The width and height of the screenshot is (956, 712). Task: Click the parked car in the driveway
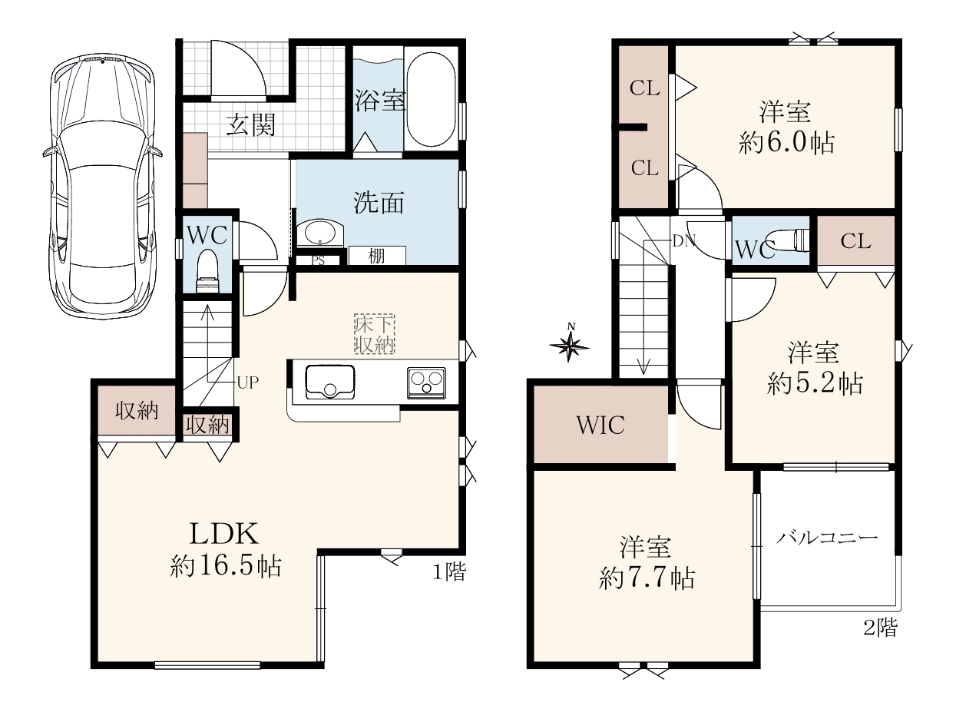pos(103,187)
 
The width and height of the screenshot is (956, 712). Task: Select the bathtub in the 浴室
pos(431,100)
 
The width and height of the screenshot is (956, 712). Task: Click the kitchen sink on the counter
pos(330,382)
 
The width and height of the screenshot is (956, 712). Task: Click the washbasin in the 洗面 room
pos(319,233)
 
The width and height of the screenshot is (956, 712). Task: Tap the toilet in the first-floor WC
pos(209,271)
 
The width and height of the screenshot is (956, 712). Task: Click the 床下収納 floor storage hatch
pos(374,334)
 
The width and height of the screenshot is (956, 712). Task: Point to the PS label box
pos(319,260)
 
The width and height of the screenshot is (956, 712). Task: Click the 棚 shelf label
pos(376,257)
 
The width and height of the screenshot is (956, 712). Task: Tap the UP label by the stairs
pos(248,382)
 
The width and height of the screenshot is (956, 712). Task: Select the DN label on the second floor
pos(684,241)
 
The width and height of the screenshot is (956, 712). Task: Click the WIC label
pos(600,425)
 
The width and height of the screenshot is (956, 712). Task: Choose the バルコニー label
pos(827,538)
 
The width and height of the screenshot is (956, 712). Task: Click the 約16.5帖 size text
pos(226,566)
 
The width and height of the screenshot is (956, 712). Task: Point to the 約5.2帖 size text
pos(815,383)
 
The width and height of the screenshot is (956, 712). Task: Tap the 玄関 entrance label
pos(250,125)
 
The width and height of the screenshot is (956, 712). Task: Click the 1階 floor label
pos(448,572)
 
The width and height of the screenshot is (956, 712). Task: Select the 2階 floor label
pos(881,628)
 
